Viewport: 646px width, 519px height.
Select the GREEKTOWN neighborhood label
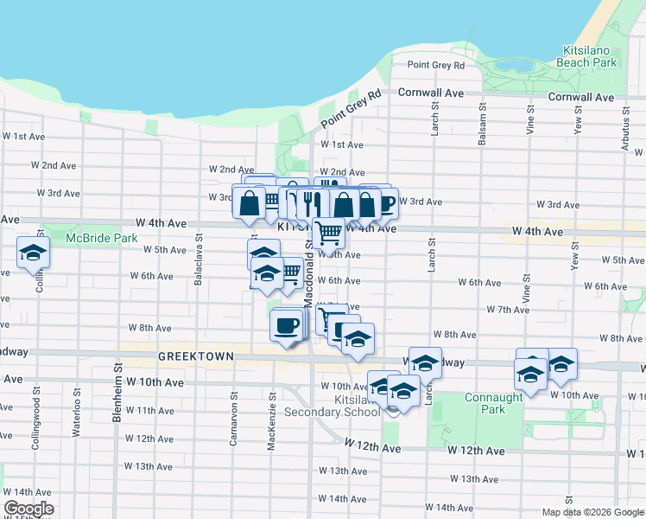point(184,356)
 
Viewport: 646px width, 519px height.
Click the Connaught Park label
point(482,404)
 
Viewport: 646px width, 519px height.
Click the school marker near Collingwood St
point(34,253)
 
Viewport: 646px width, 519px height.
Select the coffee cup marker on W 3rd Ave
point(384,203)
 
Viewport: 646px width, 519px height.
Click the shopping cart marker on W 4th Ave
point(328,231)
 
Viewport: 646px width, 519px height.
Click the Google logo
point(28,509)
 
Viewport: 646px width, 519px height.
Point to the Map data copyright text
point(592,512)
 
